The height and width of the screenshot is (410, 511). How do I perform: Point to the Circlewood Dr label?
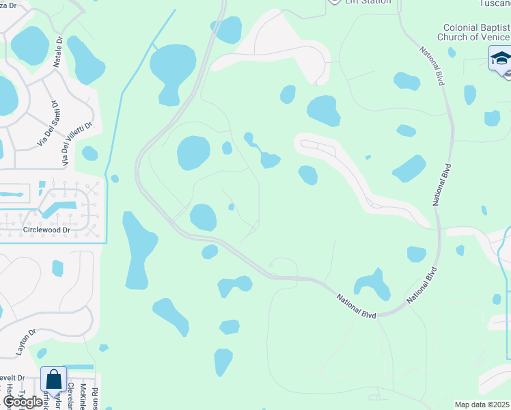(x=47, y=230)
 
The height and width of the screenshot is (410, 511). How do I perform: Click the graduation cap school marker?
(x=500, y=58)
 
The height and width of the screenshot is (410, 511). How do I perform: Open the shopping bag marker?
(x=53, y=380)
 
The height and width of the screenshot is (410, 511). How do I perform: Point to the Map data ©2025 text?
(x=482, y=405)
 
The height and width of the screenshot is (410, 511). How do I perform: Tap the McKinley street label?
(x=83, y=395)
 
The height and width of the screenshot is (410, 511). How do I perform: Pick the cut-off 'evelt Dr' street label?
(x=12, y=377)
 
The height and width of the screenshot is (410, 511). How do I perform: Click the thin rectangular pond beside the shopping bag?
(x=79, y=367)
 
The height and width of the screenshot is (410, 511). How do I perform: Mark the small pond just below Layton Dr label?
(x=42, y=353)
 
